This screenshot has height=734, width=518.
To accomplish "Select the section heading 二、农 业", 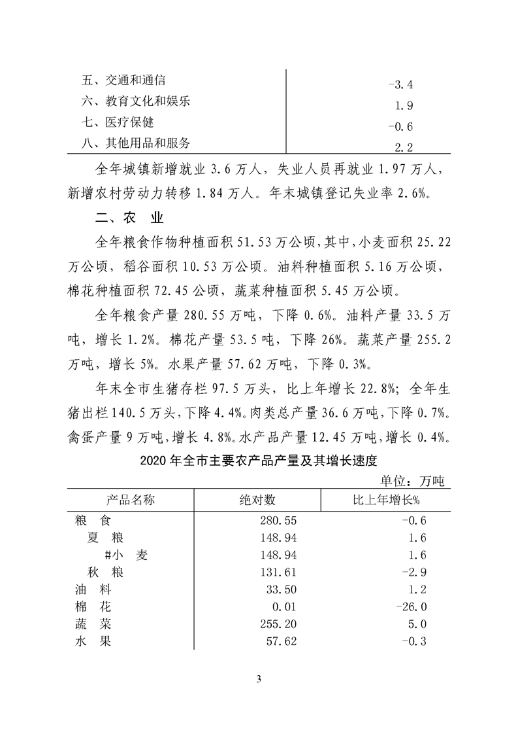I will [125, 217].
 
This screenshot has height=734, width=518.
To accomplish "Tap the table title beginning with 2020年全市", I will [259, 461].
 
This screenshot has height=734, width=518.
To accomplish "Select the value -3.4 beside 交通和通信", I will [400, 84].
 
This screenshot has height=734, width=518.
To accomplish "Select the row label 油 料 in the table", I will [93, 589].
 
